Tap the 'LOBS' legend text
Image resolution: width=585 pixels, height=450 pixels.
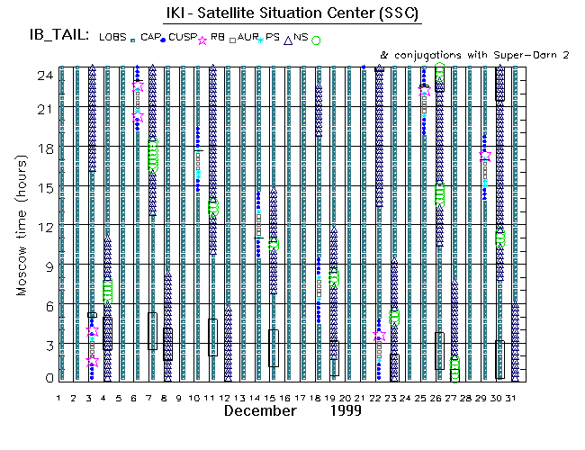(115, 38)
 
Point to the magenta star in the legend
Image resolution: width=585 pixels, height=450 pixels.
(202, 40)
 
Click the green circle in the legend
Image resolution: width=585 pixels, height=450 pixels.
(317, 40)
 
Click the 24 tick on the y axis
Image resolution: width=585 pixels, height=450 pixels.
(42, 76)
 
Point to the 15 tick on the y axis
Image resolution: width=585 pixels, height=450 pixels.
(42, 187)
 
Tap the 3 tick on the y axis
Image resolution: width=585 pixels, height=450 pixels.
(46, 345)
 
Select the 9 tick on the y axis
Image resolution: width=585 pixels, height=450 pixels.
(46, 265)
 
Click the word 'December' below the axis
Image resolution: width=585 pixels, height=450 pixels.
(260, 410)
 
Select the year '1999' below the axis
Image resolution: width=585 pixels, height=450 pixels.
(345, 410)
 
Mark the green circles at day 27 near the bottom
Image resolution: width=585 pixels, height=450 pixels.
(454, 368)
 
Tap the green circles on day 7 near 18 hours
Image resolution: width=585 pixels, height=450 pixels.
(152, 156)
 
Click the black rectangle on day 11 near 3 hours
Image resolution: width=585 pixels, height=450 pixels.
(212, 337)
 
